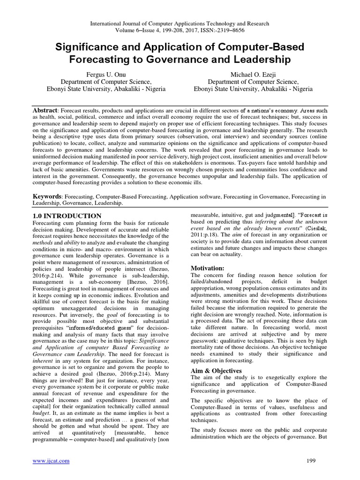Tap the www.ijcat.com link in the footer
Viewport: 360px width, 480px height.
click(x=51, y=461)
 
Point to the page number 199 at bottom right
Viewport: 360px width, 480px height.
click(x=322, y=461)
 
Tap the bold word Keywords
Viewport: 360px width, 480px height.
click(x=46, y=195)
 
